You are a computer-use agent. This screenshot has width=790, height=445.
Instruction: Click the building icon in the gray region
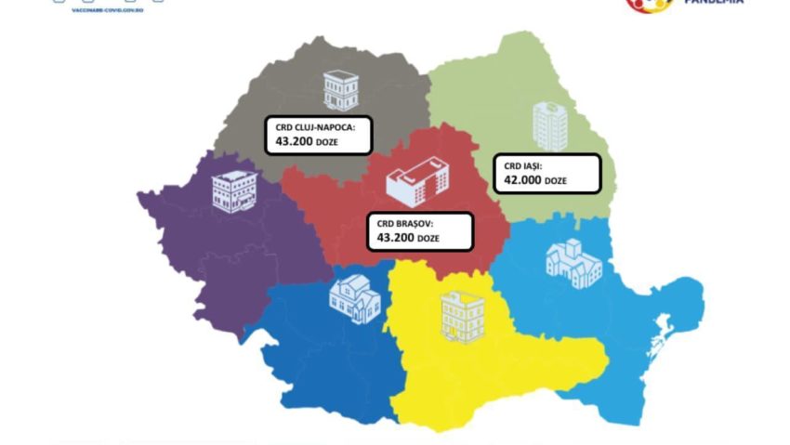coord(339,89)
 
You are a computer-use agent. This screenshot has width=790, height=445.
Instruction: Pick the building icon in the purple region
coord(232,191)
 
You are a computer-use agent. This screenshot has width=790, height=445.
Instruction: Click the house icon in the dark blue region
coord(354,299)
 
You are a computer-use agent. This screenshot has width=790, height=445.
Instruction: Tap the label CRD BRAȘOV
coord(406,224)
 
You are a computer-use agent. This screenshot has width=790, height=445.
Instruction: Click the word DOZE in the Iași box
coord(556,181)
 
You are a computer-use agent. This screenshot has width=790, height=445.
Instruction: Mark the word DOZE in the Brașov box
coord(428,240)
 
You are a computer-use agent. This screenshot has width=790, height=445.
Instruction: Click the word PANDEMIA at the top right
coord(714,3)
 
